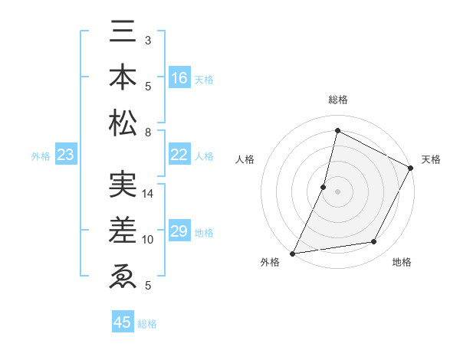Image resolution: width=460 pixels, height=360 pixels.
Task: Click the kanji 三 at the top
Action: tap(123, 32)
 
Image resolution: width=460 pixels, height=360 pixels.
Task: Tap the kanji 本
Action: tap(123, 77)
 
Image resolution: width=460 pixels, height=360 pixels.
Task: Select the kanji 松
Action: tap(123, 123)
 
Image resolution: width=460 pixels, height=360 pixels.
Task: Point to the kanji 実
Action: tap(123, 185)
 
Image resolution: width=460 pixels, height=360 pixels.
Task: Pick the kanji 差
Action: tap(123, 230)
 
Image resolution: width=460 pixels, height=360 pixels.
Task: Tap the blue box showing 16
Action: tap(179, 78)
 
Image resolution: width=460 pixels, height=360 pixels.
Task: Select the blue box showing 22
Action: tap(179, 155)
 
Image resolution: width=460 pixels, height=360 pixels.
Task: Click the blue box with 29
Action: tap(179, 231)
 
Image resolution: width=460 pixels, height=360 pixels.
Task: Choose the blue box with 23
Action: tap(66, 155)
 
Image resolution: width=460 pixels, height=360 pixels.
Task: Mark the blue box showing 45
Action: tap(123, 322)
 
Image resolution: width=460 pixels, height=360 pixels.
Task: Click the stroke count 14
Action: tap(149, 194)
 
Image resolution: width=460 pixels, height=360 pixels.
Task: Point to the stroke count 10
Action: tap(149, 240)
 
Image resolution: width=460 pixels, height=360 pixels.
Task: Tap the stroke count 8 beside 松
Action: tap(148, 133)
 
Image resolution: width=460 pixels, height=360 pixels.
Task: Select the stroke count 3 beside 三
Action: tap(148, 40)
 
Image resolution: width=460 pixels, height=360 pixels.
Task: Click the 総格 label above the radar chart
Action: tap(337, 100)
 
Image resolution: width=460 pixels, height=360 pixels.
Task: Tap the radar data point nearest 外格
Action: tap(292, 253)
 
